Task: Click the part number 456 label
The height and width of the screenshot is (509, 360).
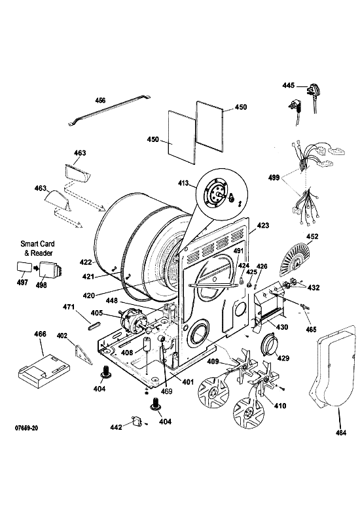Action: click(100, 100)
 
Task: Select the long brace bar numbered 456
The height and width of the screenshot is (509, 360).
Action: click(109, 110)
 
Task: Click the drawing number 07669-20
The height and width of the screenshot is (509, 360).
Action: click(27, 428)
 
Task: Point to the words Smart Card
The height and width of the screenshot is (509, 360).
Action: click(37, 244)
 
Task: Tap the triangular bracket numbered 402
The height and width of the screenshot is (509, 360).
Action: click(82, 355)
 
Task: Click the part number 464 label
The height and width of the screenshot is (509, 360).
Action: click(340, 432)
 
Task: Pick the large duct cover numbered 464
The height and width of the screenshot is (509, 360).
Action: click(333, 367)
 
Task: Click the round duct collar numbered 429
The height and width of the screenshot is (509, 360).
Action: click(270, 345)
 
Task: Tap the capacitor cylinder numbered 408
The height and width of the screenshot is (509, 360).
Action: click(147, 344)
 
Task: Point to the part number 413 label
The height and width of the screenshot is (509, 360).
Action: click(183, 183)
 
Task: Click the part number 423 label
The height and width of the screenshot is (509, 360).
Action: click(262, 225)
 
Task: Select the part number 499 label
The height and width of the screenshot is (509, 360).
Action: click(274, 177)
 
